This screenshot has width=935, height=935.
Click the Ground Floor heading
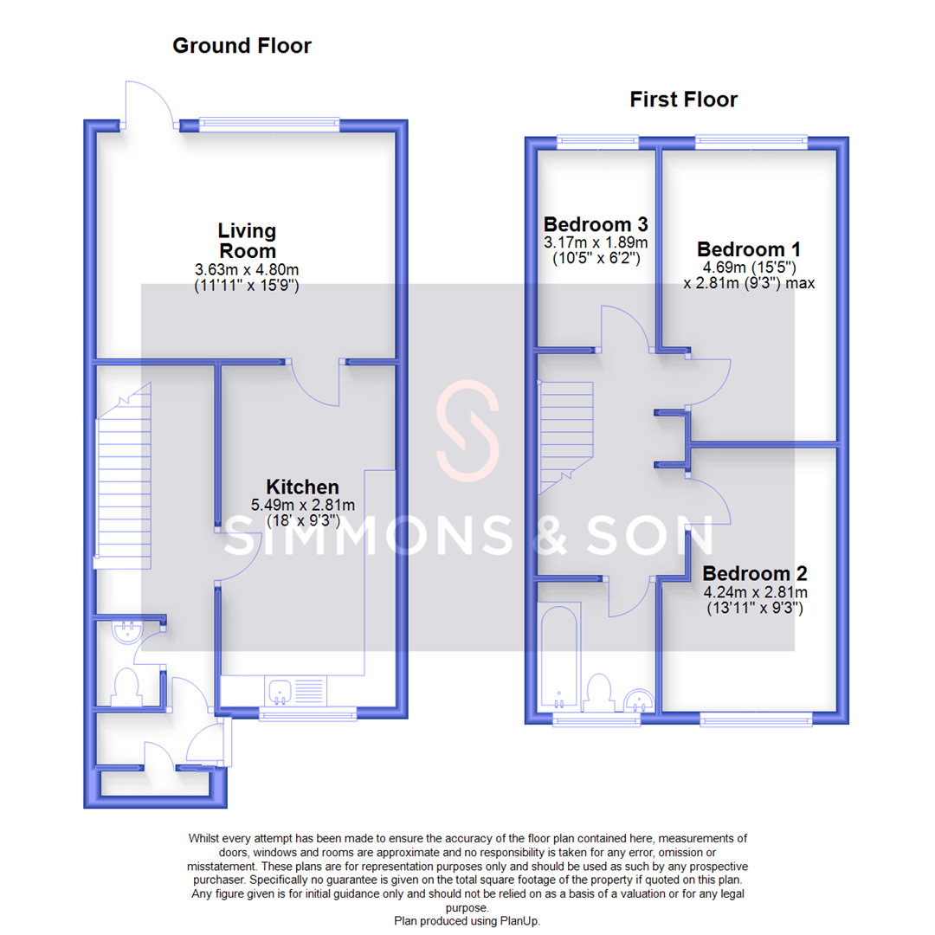click(242, 46)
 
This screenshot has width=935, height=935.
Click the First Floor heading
click(683, 100)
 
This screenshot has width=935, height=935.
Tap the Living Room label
click(247, 241)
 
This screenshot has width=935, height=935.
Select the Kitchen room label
click(301, 487)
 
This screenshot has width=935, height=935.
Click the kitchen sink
click(280, 691)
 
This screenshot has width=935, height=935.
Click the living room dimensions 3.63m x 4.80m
click(247, 270)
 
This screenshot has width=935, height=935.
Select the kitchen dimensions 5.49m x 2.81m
click(302, 506)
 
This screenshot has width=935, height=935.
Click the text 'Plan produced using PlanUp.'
click(467, 921)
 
